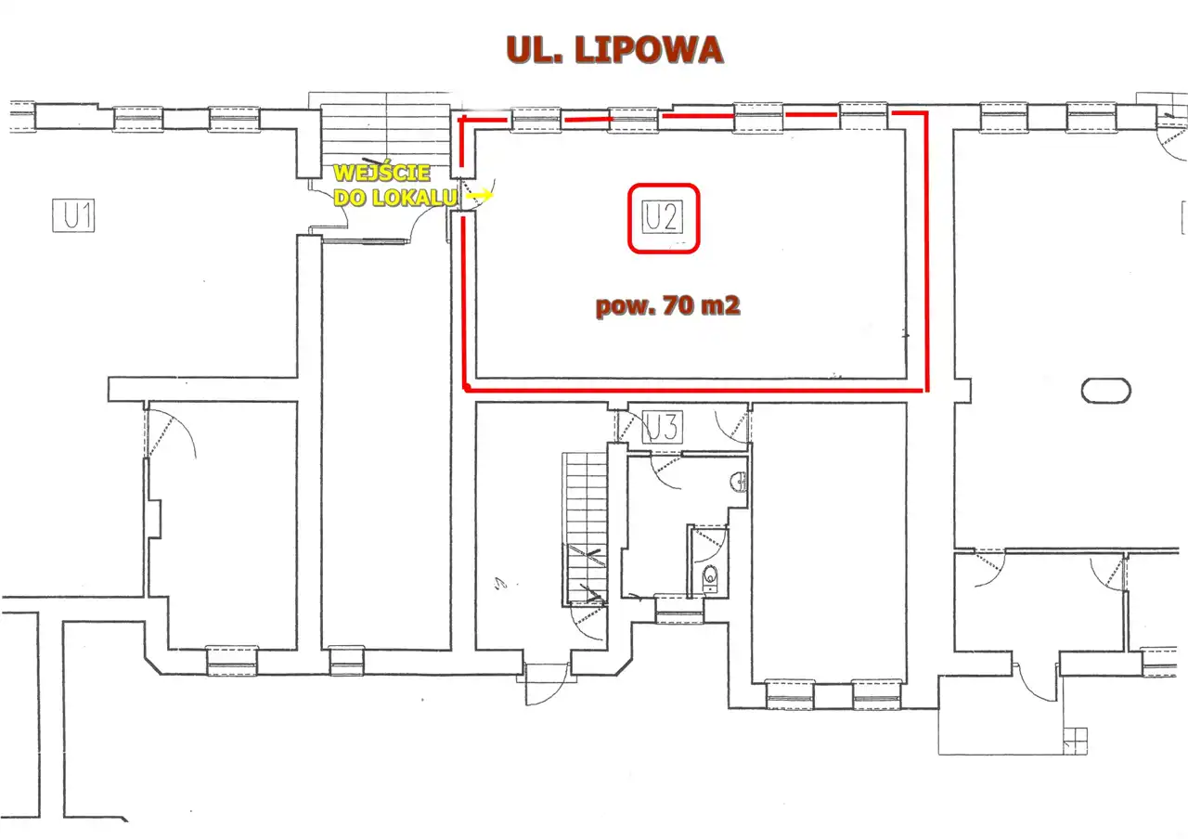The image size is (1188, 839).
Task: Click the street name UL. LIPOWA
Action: (614, 50)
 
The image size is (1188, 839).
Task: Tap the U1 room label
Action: (73, 215)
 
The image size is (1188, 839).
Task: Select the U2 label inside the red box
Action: (663, 217)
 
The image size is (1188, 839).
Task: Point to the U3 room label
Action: (663, 427)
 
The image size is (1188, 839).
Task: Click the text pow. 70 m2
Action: (667, 306)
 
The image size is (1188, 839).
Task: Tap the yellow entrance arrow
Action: (480, 195)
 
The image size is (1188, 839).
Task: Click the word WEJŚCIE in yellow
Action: (381, 173)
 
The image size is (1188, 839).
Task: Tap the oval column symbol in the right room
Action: (1105, 391)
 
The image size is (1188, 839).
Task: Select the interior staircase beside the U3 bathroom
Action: (585, 528)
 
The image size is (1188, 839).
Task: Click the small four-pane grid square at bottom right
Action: (1075, 741)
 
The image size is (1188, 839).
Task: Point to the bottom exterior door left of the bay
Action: (546, 684)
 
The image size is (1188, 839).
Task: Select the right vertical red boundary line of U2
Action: (926, 252)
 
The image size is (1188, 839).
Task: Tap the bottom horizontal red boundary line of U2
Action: (695, 391)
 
